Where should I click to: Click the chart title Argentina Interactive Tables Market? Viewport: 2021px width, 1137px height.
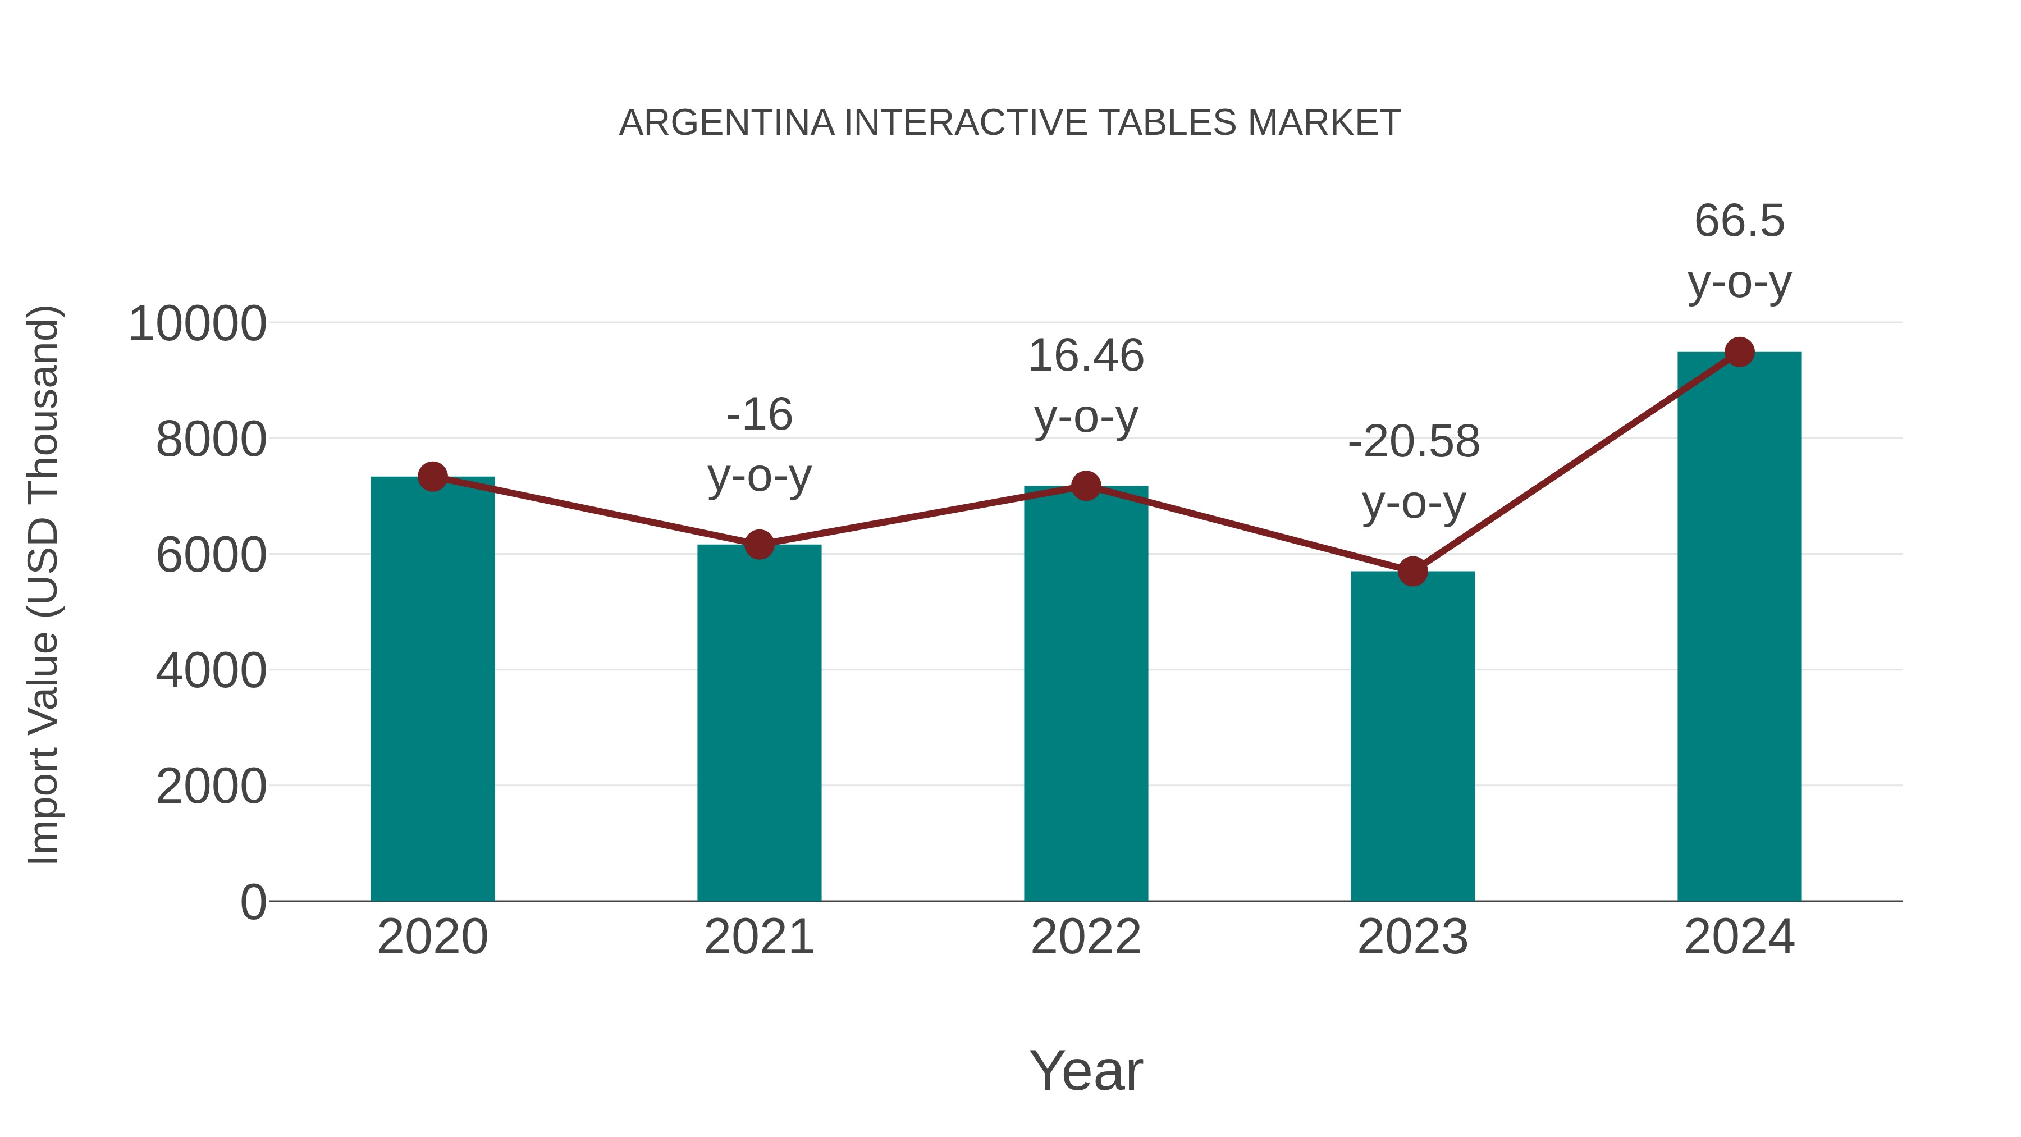coord(1010,123)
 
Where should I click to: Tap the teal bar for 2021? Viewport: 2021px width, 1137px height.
coord(758,722)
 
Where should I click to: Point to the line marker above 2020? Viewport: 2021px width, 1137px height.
coord(432,476)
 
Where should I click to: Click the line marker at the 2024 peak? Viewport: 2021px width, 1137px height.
coord(1739,352)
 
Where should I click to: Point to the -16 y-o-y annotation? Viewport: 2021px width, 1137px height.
coord(758,444)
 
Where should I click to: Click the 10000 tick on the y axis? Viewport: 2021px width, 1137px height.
coord(197,324)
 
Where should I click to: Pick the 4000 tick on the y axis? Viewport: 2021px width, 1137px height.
coord(211,672)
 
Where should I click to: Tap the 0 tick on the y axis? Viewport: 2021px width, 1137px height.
coord(253,902)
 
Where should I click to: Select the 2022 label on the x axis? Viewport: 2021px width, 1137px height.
coord(1086,937)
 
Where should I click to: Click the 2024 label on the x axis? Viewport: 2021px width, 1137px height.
coord(1739,937)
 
